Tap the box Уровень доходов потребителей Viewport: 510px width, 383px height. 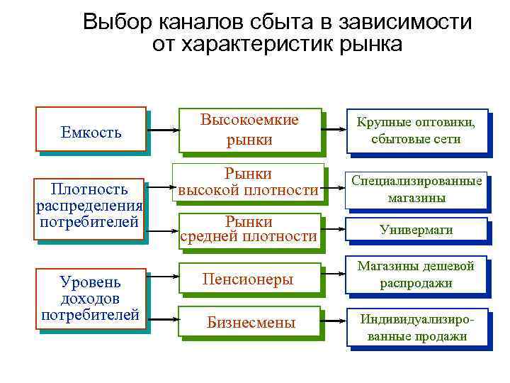point(90,299)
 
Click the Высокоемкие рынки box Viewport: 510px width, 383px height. point(250,131)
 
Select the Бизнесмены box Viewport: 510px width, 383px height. point(251,323)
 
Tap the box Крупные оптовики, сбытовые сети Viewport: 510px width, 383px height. point(416,131)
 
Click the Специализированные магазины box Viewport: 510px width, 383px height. point(416,189)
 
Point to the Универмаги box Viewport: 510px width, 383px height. point(416,230)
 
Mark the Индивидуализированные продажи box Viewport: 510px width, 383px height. point(416,327)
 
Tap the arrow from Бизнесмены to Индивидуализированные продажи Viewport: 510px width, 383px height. point(334,322)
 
